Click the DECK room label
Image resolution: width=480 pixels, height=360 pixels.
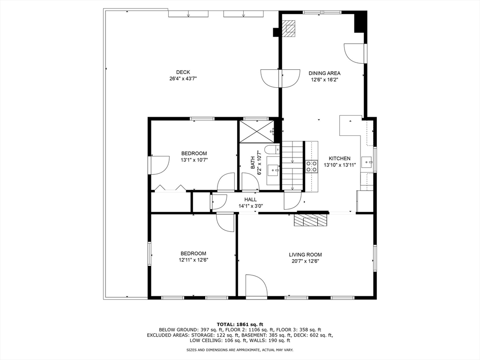pyautogui.click(x=183, y=72)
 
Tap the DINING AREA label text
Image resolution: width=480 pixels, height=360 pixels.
pyautogui.click(x=324, y=73)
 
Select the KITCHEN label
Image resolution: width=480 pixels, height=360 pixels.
pyautogui.click(x=339, y=158)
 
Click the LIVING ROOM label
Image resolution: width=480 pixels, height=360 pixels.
pyautogui.click(x=306, y=255)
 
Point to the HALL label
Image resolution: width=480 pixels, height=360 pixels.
pyautogui.click(x=250, y=200)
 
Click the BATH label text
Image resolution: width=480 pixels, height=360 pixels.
pyautogui.click(x=253, y=163)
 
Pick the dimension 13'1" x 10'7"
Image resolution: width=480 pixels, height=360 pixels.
pyautogui.click(x=195, y=160)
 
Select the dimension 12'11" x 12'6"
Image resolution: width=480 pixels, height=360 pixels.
pyautogui.click(x=194, y=260)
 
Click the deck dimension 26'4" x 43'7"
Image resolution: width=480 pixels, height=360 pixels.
pyautogui.click(x=183, y=79)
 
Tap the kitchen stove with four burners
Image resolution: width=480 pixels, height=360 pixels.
pyautogui.click(x=312, y=166)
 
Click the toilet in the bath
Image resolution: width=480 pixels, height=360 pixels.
pyautogui.click(x=272, y=150)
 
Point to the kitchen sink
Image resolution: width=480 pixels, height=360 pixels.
pyautogui.click(x=367, y=162)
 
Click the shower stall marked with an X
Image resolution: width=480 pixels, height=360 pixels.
pyautogui.click(x=256, y=132)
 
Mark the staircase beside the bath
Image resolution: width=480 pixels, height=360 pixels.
pyautogui.click(x=292, y=166)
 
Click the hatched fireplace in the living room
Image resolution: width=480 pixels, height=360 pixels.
pyautogui.click(x=310, y=220)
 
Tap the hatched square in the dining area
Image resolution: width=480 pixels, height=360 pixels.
pyautogui.click(x=289, y=29)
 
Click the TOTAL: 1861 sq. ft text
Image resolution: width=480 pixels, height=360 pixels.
pyautogui.click(x=240, y=324)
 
